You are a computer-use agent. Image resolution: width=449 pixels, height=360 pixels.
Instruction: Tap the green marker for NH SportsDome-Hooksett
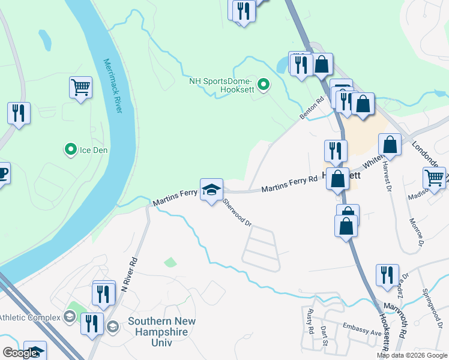(x=263, y=85)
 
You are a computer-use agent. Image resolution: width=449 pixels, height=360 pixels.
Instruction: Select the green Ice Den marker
(x=70, y=149)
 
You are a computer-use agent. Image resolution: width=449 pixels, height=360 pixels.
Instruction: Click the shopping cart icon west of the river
(x=80, y=88)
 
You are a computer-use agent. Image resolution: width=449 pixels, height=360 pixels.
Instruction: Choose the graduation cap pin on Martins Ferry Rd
(x=211, y=190)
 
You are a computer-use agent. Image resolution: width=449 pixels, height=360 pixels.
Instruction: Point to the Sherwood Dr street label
(x=237, y=214)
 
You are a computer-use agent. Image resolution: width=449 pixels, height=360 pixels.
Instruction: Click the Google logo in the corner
(x=20, y=353)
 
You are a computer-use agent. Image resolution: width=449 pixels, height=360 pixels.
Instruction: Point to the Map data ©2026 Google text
(x=412, y=355)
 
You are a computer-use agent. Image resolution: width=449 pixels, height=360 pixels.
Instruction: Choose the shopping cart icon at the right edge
(x=435, y=178)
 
